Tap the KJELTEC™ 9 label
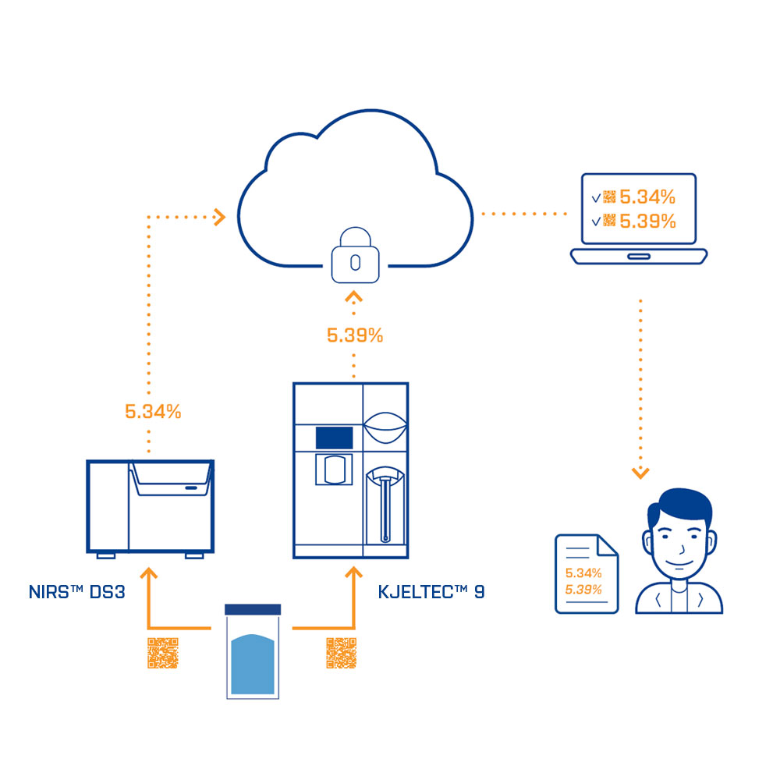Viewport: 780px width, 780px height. (431, 591)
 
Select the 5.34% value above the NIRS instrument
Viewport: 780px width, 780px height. (153, 412)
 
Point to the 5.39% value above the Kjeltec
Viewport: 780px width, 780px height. (355, 336)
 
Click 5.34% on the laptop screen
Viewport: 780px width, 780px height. (647, 197)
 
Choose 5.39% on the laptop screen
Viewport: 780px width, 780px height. (647, 222)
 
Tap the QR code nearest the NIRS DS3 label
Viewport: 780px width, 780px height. (163, 653)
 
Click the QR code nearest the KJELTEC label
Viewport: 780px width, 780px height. (341, 653)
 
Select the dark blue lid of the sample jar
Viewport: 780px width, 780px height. (252, 609)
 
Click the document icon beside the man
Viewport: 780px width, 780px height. (585, 573)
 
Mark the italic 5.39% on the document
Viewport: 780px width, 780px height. (583, 589)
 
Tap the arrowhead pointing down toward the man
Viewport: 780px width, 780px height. (640, 473)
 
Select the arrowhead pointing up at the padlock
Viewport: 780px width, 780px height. (355, 297)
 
